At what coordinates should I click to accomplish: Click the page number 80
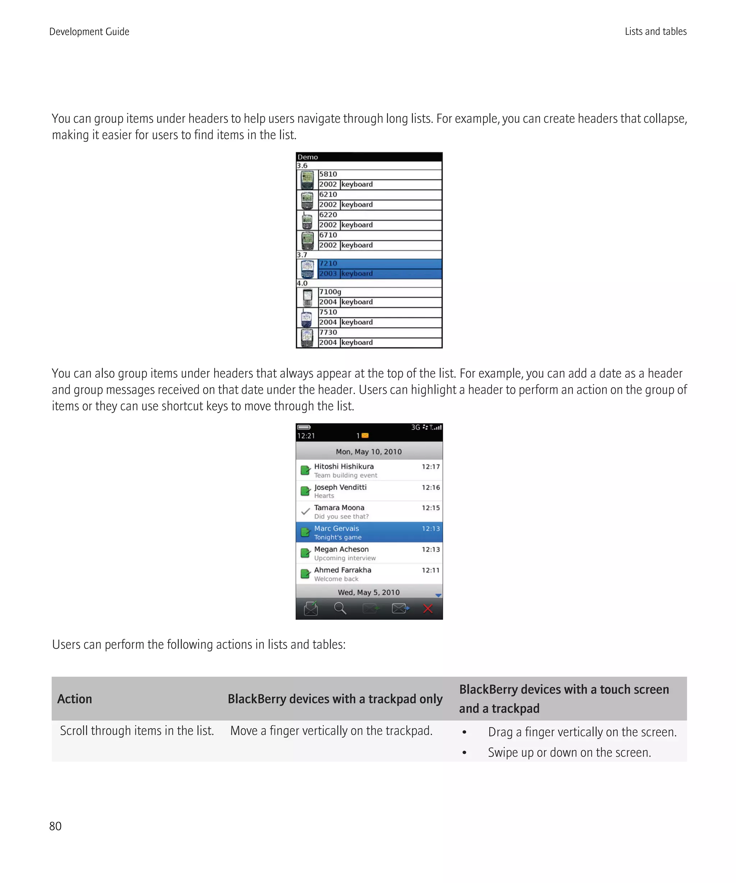pos(55,826)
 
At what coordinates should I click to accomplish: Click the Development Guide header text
pos(89,32)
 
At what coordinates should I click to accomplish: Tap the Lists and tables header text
pos(655,32)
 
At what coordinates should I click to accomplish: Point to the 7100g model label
pos(330,292)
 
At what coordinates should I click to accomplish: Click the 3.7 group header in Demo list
pos(302,255)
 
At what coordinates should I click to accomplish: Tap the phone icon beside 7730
pos(307,338)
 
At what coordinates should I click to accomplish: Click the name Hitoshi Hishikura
pos(344,466)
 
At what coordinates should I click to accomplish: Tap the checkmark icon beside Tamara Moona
pos(306,512)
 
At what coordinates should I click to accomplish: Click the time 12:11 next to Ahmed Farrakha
pos(431,570)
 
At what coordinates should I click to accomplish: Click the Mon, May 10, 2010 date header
pos(368,452)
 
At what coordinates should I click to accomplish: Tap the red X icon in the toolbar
pos(428,609)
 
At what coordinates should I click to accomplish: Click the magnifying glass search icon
pos(340,609)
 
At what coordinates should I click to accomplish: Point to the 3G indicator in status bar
pos(415,427)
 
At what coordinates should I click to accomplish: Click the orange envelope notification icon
pos(365,436)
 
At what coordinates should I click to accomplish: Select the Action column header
pos(74,699)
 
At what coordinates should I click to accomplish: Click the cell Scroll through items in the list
pos(137,731)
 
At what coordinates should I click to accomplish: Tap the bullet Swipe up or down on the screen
pos(569,752)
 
